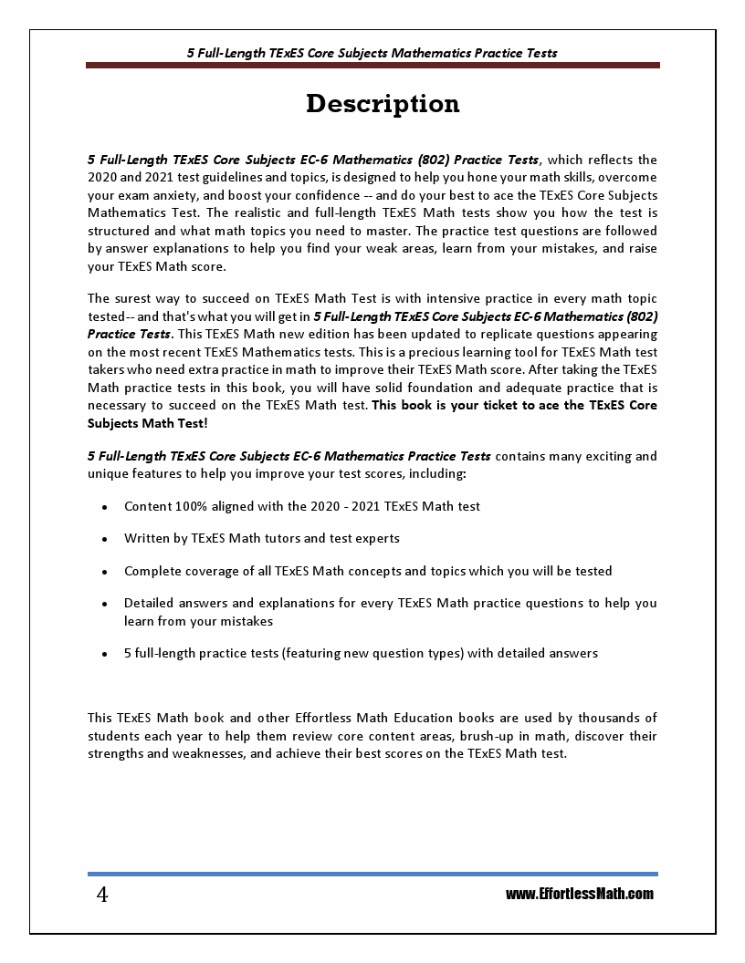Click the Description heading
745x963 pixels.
383,104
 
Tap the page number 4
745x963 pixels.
102,895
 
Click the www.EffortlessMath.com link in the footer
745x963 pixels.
580,894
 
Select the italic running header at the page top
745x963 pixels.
372,53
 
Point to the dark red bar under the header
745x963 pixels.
372,66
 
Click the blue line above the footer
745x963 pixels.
372,874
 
